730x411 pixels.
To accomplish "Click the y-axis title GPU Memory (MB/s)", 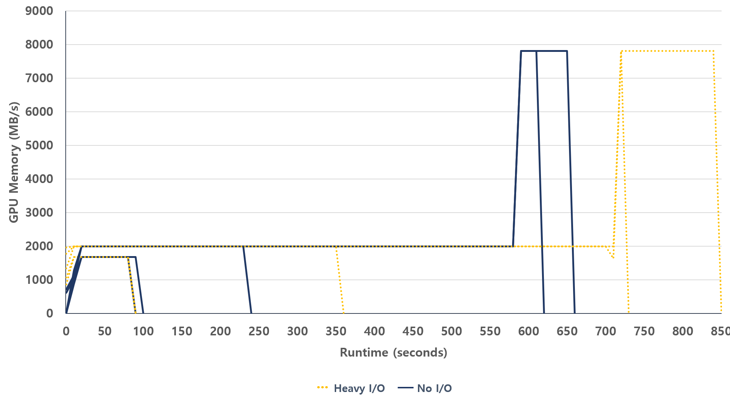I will coord(14,162).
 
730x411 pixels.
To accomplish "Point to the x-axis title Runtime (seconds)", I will coord(393,353).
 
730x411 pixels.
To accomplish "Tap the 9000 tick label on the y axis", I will coord(39,11).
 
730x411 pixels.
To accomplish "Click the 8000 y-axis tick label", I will coord(39,45).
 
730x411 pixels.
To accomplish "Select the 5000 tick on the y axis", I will coord(39,145).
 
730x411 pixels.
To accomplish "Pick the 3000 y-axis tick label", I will coord(39,213).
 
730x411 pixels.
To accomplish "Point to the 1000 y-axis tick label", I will coord(39,280).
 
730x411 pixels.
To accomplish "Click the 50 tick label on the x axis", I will coord(104,331).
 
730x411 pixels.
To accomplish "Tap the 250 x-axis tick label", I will coord(259,331).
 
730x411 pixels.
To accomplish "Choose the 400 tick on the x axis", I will coord(374,331).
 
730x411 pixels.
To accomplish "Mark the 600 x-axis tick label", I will coord(529,331).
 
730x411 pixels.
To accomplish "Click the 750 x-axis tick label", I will coord(644,331).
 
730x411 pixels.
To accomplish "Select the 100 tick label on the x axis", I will coord(143,331).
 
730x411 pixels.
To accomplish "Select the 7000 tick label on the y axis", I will coord(39,78).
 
